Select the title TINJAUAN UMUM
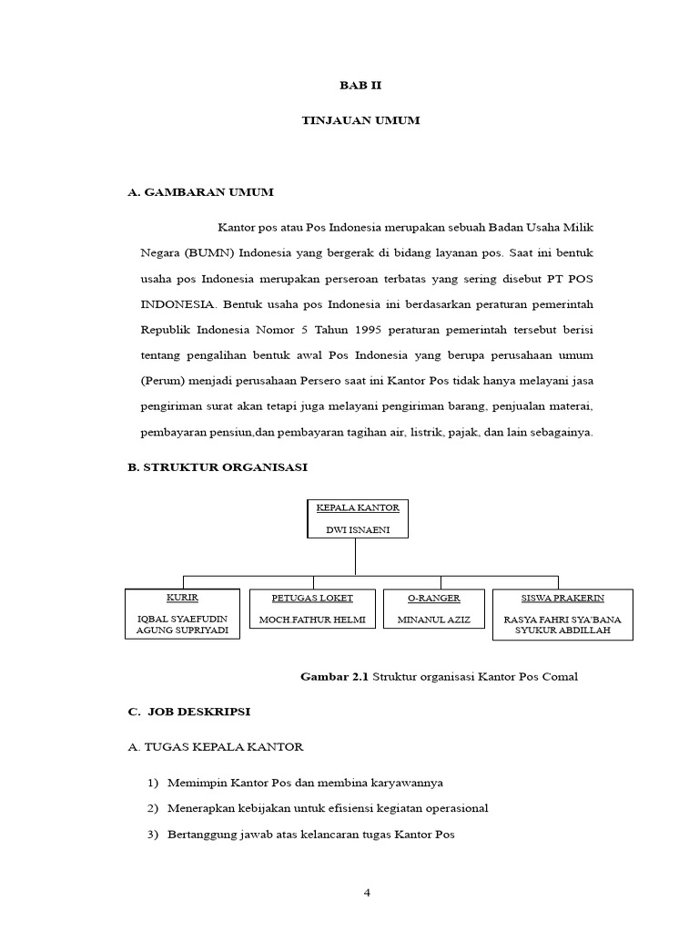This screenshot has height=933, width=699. click(x=360, y=120)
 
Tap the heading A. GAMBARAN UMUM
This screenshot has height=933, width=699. click(x=200, y=192)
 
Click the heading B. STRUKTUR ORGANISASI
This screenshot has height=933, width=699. click(x=218, y=466)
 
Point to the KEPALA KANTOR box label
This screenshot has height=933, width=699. click(x=358, y=507)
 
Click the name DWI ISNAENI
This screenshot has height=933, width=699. click(x=358, y=529)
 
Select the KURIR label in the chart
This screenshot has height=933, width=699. click(x=182, y=598)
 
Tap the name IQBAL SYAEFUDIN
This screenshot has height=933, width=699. click(x=182, y=620)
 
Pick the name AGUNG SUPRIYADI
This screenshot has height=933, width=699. click(x=182, y=631)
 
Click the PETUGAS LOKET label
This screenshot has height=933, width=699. click(x=312, y=598)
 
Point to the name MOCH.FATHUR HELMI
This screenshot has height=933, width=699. click(x=312, y=620)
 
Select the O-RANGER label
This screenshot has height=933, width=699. click(x=434, y=598)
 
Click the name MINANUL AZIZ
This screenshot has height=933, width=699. click(x=434, y=620)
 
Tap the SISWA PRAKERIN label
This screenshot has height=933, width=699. click(x=562, y=598)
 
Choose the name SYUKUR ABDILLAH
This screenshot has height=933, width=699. click(x=562, y=631)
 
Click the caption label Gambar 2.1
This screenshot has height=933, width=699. click(x=334, y=676)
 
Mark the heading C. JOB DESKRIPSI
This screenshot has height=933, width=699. click(x=192, y=711)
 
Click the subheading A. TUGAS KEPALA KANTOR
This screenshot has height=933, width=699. click(x=215, y=746)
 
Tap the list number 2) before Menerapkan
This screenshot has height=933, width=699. click(x=153, y=808)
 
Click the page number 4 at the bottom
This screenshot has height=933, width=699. click(x=367, y=893)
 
